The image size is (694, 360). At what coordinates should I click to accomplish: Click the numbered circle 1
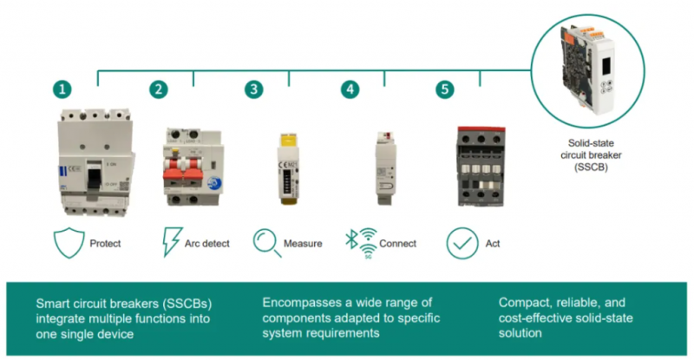[x=62, y=89]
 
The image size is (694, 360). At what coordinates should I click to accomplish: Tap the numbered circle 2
[x=159, y=89]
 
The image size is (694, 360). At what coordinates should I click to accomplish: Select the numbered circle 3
[x=253, y=89]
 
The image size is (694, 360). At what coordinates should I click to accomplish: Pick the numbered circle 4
[x=350, y=89]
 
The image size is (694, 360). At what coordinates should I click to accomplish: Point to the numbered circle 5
[x=445, y=89]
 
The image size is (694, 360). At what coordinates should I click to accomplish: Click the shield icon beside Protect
[x=69, y=243]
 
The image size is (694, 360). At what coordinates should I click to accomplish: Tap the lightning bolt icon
[x=172, y=242]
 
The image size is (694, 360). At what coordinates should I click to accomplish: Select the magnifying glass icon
[x=267, y=243]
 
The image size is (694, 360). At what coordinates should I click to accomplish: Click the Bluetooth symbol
[x=351, y=239]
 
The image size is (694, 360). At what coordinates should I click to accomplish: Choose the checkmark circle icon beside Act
[x=462, y=243]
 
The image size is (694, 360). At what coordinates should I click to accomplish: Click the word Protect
[x=105, y=244]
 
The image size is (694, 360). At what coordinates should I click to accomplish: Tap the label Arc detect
[x=207, y=244]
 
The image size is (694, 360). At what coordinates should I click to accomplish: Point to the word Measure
[x=303, y=244]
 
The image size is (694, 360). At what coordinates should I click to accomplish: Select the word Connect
[x=398, y=244]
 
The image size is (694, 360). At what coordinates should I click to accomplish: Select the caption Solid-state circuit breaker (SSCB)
[x=591, y=155]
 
